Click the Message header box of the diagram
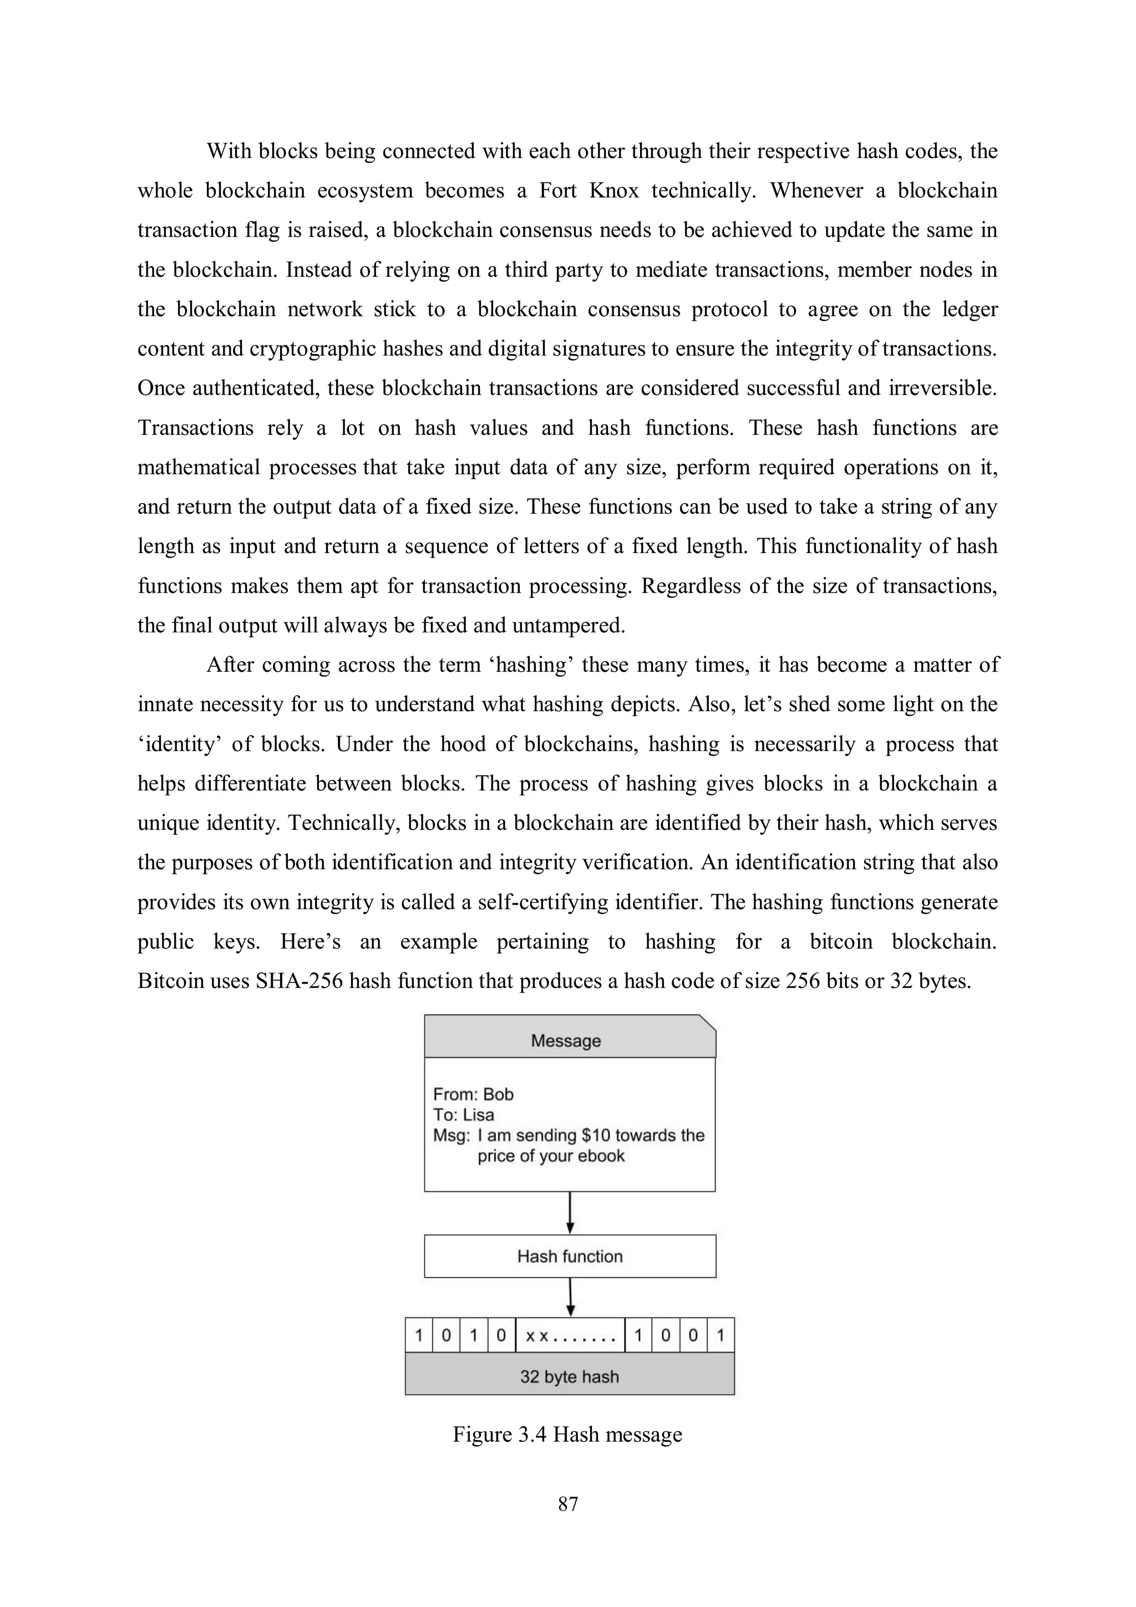tap(569, 1040)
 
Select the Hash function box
tap(570, 1256)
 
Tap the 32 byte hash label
tap(569, 1377)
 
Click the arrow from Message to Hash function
tap(570, 1213)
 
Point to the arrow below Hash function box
tap(570, 1297)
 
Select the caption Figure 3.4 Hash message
tap(567, 1434)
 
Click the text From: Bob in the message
tap(473, 1094)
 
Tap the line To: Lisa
tap(463, 1114)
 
